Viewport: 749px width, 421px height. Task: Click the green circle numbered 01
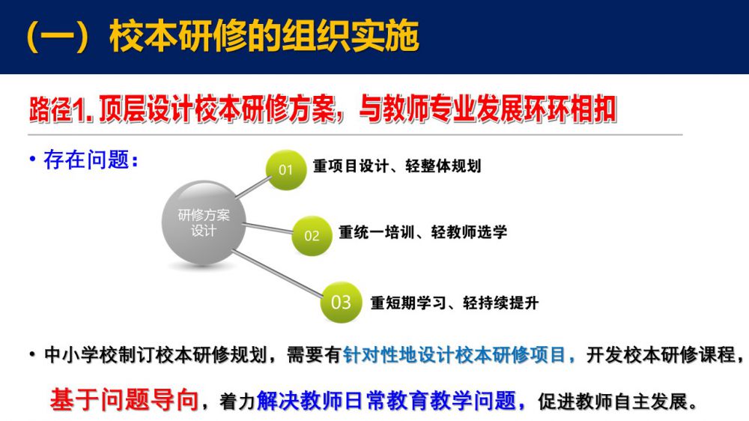[x=285, y=169]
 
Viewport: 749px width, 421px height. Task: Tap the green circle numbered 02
[x=312, y=235]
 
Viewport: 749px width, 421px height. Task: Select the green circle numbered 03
[x=341, y=302]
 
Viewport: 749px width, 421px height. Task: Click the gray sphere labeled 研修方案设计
[x=204, y=222]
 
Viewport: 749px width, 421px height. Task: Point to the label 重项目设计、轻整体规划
[x=397, y=166]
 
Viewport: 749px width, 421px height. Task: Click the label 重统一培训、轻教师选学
[x=422, y=232]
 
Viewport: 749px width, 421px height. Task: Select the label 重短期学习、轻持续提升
[x=455, y=303]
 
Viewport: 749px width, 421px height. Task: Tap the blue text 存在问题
[x=86, y=160]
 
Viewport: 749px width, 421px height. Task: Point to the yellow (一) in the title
[x=58, y=36]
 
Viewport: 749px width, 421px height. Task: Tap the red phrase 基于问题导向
[x=124, y=399]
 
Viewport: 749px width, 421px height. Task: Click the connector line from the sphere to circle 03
[x=278, y=273]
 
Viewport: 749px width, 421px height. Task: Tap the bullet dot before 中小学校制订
[x=32, y=354]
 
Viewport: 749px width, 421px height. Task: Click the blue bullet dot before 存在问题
[x=32, y=159]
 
